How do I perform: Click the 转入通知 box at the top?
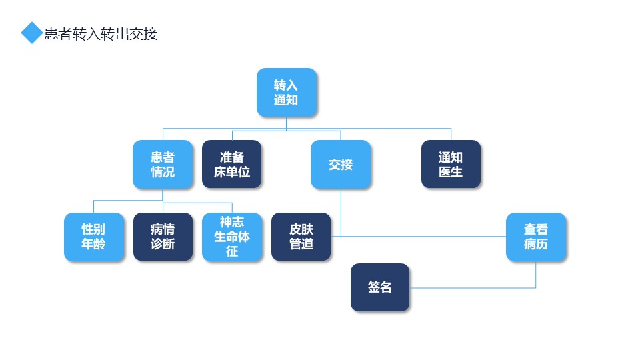coord(287,93)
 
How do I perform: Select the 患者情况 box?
coord(163,165)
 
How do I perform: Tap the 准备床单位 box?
coord(232,164)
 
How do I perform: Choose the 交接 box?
coord(341,165)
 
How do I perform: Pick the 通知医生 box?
coord(451,164)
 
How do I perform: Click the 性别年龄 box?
coord(94,237)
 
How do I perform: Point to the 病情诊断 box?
coord(163,236)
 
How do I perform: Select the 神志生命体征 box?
coord(232,237)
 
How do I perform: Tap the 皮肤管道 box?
coord(301,236)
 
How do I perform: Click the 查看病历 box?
coord(536,237)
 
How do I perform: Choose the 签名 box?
coord(379,287)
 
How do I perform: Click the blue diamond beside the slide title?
coord(31,33)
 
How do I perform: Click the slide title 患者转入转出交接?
coord(101,34)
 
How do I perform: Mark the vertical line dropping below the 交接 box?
coord(341,212)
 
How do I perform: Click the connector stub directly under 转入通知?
coord(287,123)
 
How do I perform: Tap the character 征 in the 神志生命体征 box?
coord(232,251)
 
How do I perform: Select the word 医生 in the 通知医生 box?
coord(451,172)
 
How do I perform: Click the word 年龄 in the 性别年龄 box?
coord(93,244)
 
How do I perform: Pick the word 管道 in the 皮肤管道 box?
coord(301,244)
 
